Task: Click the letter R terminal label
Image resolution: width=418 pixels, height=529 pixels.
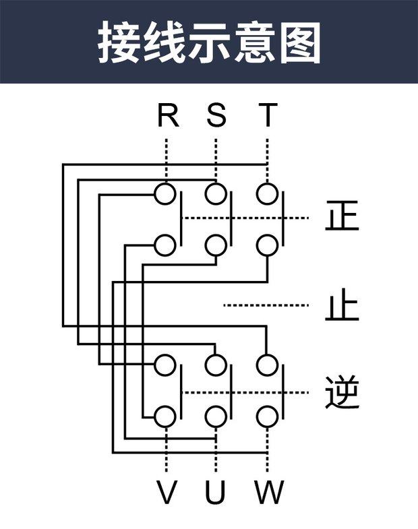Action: point(167,115)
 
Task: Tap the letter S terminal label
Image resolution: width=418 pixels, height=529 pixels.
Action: point(216,115)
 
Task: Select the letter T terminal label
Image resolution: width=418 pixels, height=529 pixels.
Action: point(268,115)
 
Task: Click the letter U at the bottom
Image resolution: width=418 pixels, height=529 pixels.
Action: point(216,494)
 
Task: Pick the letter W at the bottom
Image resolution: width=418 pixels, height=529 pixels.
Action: point(269,494)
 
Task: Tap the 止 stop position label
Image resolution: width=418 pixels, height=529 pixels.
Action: point(342,307)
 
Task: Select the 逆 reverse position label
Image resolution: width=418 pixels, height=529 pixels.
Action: point(342,392)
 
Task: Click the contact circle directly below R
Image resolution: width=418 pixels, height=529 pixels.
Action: point(165,194)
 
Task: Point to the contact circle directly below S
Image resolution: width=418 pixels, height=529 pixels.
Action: point(216,194)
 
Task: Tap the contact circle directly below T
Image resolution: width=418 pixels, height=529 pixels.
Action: point(268,194)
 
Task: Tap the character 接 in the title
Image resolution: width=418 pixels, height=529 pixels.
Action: point(121,42)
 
